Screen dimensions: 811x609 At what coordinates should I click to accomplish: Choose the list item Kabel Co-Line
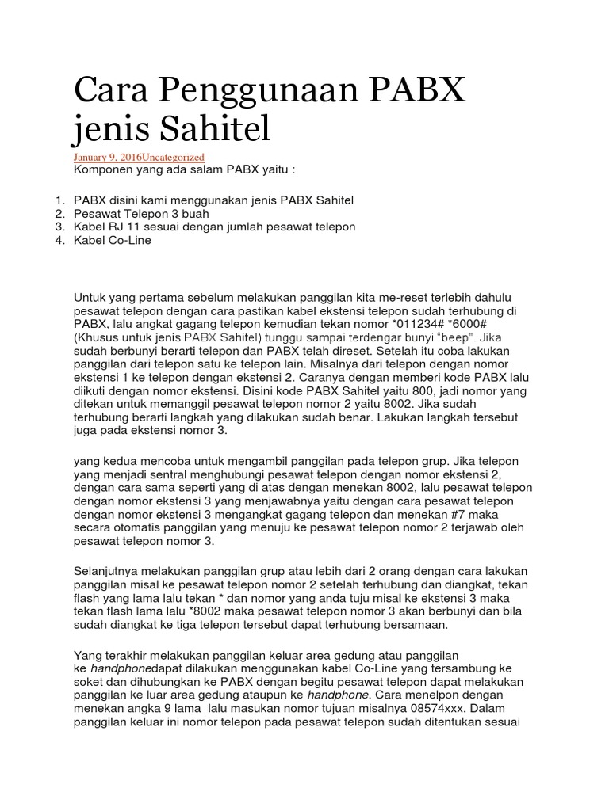tap(112, 240)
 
